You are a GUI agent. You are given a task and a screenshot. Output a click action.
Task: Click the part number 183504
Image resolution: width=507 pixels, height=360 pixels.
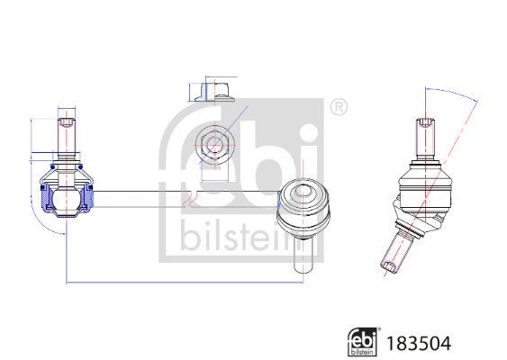coord(419,343)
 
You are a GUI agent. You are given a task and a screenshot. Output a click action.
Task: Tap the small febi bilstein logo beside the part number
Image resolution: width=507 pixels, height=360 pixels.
coord(363,342)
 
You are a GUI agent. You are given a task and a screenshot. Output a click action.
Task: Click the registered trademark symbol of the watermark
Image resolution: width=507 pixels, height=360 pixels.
coord(339,107)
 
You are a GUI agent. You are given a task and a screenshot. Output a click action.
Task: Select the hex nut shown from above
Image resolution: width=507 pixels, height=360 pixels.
coord(213,145)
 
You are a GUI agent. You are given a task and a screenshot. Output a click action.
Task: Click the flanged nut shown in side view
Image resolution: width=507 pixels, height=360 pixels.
coord(215,93)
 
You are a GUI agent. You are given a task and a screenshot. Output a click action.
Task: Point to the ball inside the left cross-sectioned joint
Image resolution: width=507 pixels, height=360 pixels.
coord(67,199)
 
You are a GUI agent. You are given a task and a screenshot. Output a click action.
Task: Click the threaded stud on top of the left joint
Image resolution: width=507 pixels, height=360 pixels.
coord(67,138)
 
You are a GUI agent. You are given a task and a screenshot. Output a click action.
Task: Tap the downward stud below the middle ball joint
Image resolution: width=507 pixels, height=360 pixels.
coord(303,255)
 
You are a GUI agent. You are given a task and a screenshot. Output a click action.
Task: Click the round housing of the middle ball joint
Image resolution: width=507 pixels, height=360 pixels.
coord(303,208)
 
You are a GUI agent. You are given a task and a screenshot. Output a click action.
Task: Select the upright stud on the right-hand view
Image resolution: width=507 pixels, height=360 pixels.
coord(425,138)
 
